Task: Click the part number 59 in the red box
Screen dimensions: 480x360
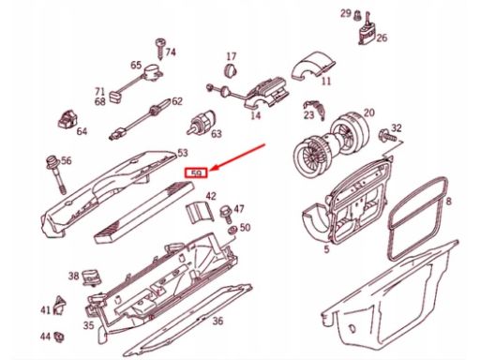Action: (x=196, y=173)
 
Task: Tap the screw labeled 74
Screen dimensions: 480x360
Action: (x=160, y=49)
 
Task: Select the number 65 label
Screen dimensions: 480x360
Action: (x=136, y=66)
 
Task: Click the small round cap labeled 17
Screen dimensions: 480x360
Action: (x=231, y=69)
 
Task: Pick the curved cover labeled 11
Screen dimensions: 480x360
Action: (x=313, y=66)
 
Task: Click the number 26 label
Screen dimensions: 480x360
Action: (x=382, y=38)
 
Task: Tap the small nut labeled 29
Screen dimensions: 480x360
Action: (x=356, y=15)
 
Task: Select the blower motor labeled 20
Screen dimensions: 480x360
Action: (x=331, y=141)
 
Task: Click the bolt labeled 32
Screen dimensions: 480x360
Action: (x=387, y=135)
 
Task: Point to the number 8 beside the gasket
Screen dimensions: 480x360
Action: (x=449, y=201)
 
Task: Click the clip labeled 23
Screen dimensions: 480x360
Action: (x=316, y=110)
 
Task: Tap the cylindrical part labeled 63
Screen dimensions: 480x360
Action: (x=202, y=123)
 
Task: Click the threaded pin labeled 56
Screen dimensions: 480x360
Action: (x=55, y=173)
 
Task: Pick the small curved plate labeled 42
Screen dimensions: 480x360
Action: (x=199, y=212)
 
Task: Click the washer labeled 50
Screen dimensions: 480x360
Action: (x=232, y=230)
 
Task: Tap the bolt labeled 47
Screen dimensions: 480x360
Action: (x=226, y=214)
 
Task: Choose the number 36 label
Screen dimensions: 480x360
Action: (x=217, y=321)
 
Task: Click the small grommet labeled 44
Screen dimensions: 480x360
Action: (x=58, y=337)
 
